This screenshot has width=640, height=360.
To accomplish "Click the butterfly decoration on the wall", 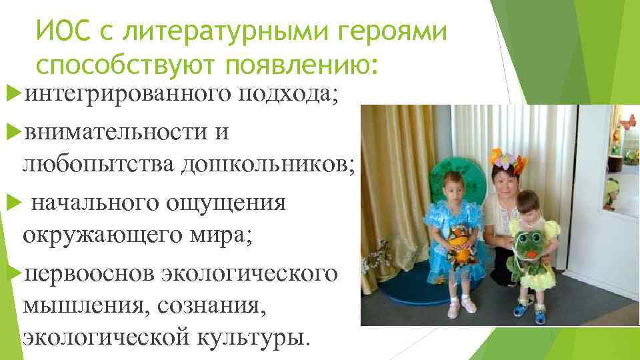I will [x=627, y=122].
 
